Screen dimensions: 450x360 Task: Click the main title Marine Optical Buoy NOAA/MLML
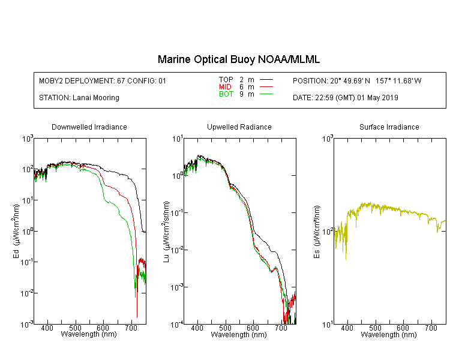click(x=238, y=59)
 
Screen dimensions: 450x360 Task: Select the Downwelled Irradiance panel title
click(x=89, y=127)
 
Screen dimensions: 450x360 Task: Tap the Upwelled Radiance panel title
click(x=239, y=127)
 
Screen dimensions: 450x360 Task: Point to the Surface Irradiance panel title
click(x=389, y=127)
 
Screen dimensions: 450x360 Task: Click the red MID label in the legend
click(x=225, y=86)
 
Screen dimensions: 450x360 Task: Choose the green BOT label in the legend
click(x=226, y=94)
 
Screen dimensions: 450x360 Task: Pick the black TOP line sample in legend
click(x=266, y=80)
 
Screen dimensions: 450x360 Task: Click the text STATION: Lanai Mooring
click(x=79, y=98)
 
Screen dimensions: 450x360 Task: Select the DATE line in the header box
click(x=346, y=98)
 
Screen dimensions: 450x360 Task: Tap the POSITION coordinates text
click(x=357, y=80)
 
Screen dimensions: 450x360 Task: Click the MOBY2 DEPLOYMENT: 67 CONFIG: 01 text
click(x=103, y=80)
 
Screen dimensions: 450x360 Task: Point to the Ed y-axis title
click(x=16, y=231)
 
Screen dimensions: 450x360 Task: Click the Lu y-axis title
click(x=166, y=232)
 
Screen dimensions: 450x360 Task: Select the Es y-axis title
click(x=317, y=232)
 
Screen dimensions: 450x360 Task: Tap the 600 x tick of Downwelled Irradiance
click(x=103, y=328)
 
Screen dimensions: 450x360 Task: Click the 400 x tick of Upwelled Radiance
click(x=197, y=328)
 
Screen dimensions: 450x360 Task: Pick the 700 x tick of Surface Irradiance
click(x=431, y=328)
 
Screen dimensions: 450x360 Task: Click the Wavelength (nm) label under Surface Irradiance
click(x=389, y=334)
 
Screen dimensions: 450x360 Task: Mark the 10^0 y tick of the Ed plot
click(x=28, y=231)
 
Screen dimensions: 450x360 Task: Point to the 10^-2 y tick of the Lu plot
click(x=177, y=250)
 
